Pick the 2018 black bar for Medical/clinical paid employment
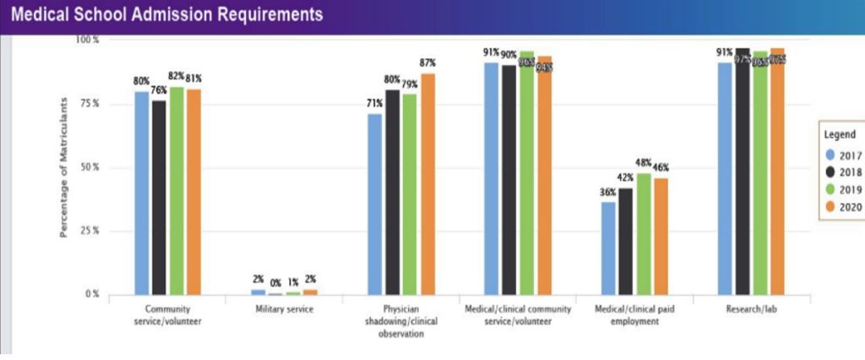pos(625,241)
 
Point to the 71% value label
pos(375,104)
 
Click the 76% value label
pos(159,90)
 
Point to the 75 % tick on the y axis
pos(89,103)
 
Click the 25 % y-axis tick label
pos(89,231)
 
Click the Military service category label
pos(285,310)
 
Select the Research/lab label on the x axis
pos(750,310)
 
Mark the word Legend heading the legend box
pos(840,134)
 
